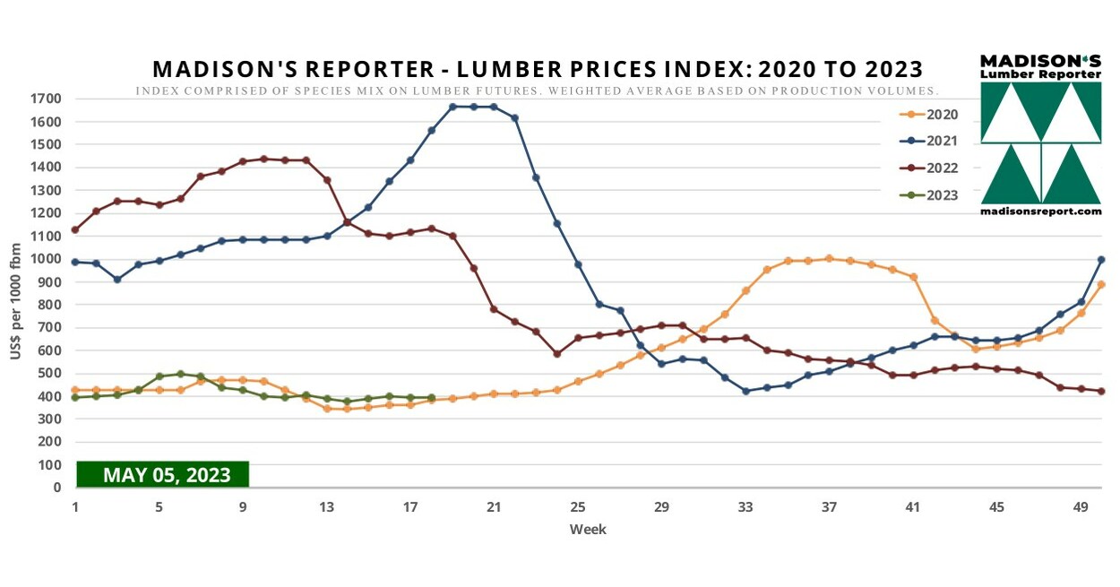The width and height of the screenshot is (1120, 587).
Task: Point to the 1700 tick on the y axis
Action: coord(46,99)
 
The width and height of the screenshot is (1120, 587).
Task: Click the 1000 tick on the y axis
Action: coord(46,259)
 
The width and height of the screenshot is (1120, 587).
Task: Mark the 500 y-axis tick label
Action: coord(49,374)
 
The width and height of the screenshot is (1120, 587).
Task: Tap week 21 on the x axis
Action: coord(494,507)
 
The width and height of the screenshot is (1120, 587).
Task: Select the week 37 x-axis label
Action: coord(829,507)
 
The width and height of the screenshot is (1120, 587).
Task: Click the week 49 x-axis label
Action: coord(1081,507)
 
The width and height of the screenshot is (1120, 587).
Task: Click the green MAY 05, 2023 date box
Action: coord(162,474)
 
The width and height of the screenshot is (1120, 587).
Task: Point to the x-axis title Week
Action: coord(588,530)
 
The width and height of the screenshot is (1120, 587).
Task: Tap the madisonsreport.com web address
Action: coord(1040,211)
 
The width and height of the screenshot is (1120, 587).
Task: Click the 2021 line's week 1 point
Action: coord(75,262)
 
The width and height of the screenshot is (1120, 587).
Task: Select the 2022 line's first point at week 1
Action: coord(75,229)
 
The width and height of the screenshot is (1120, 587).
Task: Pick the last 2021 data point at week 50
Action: coord(1101,260)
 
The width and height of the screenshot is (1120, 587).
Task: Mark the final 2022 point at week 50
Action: coord(1101,392)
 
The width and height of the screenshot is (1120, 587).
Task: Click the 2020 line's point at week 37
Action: coord(829,258)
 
